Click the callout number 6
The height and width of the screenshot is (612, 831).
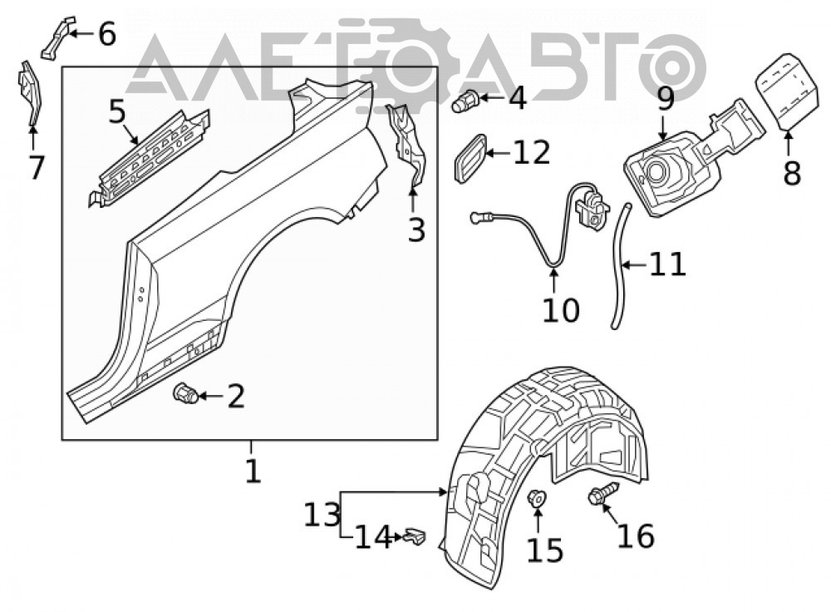[107, 34]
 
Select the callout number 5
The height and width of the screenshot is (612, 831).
[117, 111]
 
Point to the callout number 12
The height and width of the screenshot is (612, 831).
[532, 153]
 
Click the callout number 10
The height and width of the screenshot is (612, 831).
[561, 310]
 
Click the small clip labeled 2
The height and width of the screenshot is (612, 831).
[185, 393]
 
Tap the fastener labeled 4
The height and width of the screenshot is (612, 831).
[465, 101]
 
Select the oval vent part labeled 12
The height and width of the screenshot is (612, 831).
[470, 158]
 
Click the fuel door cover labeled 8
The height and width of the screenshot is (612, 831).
[785, 90]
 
